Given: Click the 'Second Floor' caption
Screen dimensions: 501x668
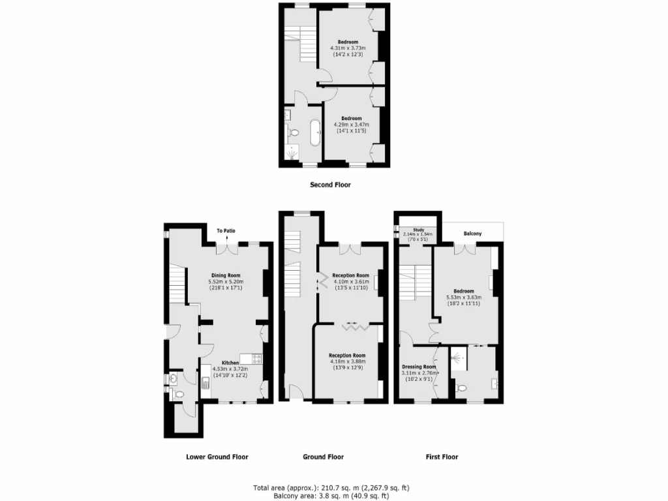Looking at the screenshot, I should pos(329,185).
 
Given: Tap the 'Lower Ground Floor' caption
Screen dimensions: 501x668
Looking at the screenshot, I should pos(217,457).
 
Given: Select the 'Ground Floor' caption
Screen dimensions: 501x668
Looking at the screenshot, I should pos(323,457).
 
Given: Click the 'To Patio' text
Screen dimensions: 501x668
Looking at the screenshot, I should pos(226,230).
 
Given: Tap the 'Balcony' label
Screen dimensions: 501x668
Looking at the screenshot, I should pos(473,233).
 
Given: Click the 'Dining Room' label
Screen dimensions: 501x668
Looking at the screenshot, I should pos(226,275).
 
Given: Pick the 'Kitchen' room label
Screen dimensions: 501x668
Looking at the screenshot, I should pos(230,363).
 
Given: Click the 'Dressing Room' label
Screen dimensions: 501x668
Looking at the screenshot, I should pos(419,367).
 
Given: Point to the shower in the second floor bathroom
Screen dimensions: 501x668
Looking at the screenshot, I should pos(291,154).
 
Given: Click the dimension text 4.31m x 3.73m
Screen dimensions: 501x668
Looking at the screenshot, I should pos(348,48).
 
